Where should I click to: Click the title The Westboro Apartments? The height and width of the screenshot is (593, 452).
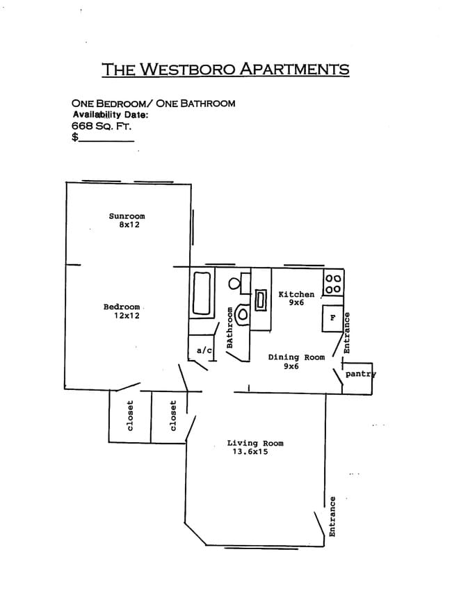click(x=225, y=69)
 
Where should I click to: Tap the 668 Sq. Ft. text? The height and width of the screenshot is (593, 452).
click(x=102, y=126)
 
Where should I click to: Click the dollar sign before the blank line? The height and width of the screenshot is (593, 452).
click(x=74, y=138)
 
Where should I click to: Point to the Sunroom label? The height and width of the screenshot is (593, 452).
click(x=127, y=216)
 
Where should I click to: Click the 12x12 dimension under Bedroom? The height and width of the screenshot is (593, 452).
click(x=127, y=316)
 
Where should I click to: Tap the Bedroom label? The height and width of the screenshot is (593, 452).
click(x=122, y=307)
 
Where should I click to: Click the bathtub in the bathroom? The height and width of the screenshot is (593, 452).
click(x=202, y=295)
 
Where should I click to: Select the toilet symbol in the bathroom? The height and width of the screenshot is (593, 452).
click(x=242, y=314)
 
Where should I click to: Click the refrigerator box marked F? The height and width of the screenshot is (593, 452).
click(x=333, y=318)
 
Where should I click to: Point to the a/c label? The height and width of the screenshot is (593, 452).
click(x=204, y=350)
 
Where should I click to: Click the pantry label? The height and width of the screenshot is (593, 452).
click(x=360, y=374)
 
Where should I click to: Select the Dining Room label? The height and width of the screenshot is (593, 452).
click(x=296, y=357)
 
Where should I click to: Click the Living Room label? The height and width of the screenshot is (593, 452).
click(x=255, y=443)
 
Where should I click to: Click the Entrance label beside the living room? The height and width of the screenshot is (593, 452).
click(x=332, y=516)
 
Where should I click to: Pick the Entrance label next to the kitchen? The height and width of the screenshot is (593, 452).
click(x=348, y=333)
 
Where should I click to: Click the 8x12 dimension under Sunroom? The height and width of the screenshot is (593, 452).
click(x=129, y=225)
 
